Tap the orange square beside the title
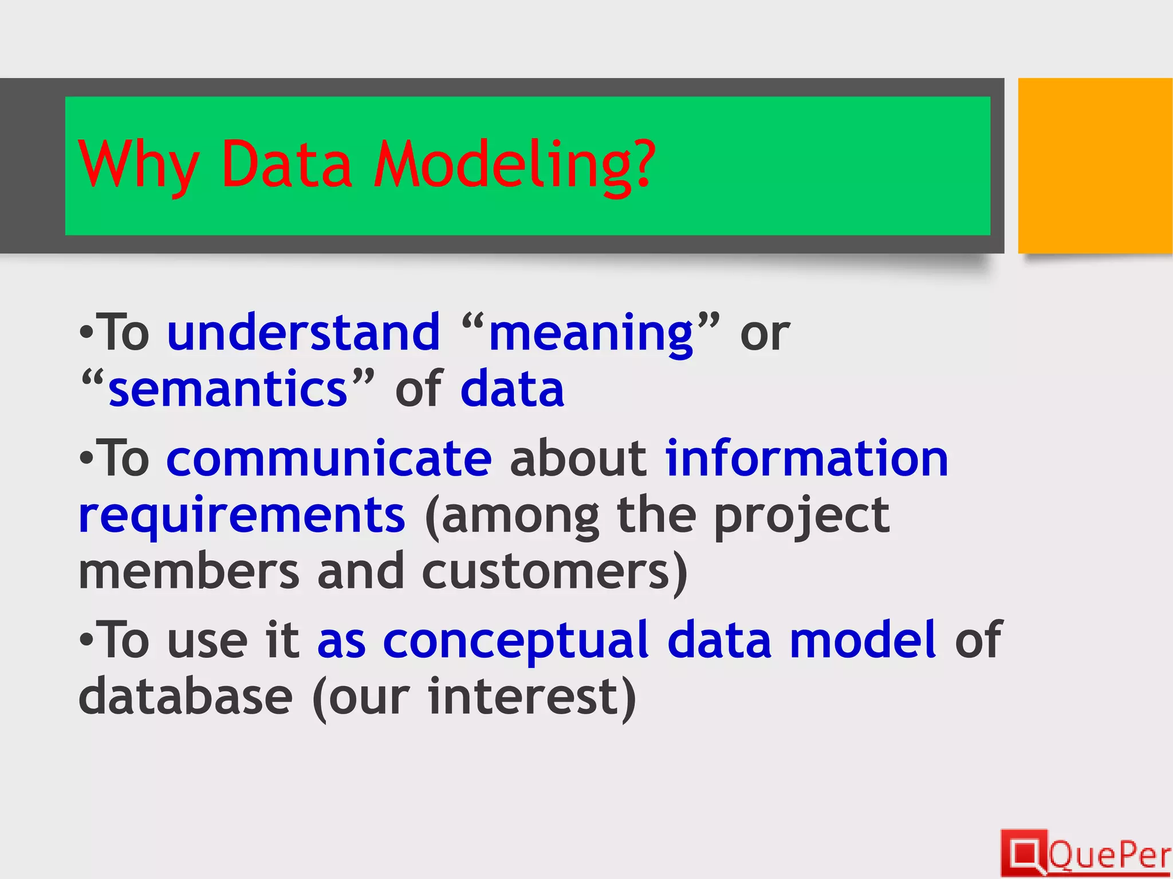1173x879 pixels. coord(1095,165)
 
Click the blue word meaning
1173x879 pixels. coord(591,334)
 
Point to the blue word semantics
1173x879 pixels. coord(228,389)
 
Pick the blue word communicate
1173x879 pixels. coord(329,458)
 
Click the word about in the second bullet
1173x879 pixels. coord(578,458)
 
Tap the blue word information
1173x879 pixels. coord(806,458)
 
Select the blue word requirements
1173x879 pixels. coord(242,515)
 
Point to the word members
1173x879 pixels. coord(188,572)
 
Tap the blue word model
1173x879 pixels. coord(863,640)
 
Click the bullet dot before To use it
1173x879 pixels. coord(86,640)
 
